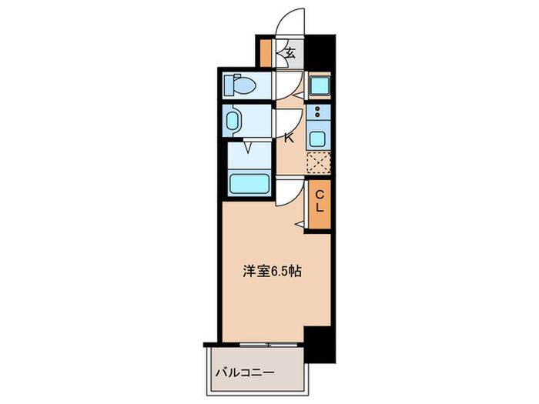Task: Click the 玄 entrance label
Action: tap(290, 53)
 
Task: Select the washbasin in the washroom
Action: tap(235, 122)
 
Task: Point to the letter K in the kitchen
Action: tap(289, 139)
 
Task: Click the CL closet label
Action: tap(319, 200)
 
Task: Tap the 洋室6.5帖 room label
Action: tap(268, 272)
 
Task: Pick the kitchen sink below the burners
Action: tap(317, 139)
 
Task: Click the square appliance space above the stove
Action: tap(317, 85)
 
